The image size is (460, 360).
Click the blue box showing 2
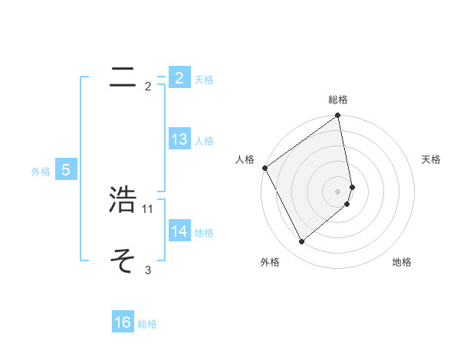179,78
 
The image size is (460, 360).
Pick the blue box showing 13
179,139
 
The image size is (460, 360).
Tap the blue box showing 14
179,231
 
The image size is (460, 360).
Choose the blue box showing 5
66,170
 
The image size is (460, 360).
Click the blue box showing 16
123,322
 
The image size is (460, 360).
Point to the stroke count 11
148,208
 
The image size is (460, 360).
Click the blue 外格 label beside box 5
41,172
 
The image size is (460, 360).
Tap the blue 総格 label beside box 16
147,324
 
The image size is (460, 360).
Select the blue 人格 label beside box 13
204,141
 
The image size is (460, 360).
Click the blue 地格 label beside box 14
204,232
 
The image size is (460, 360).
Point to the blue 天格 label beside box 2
204,80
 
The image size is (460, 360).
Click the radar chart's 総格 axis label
338,100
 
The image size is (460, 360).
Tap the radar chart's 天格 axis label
432,159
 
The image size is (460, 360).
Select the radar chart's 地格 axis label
402,262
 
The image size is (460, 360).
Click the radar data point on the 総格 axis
338,116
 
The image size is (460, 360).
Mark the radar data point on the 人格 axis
264,168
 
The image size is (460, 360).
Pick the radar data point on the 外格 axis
301,242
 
